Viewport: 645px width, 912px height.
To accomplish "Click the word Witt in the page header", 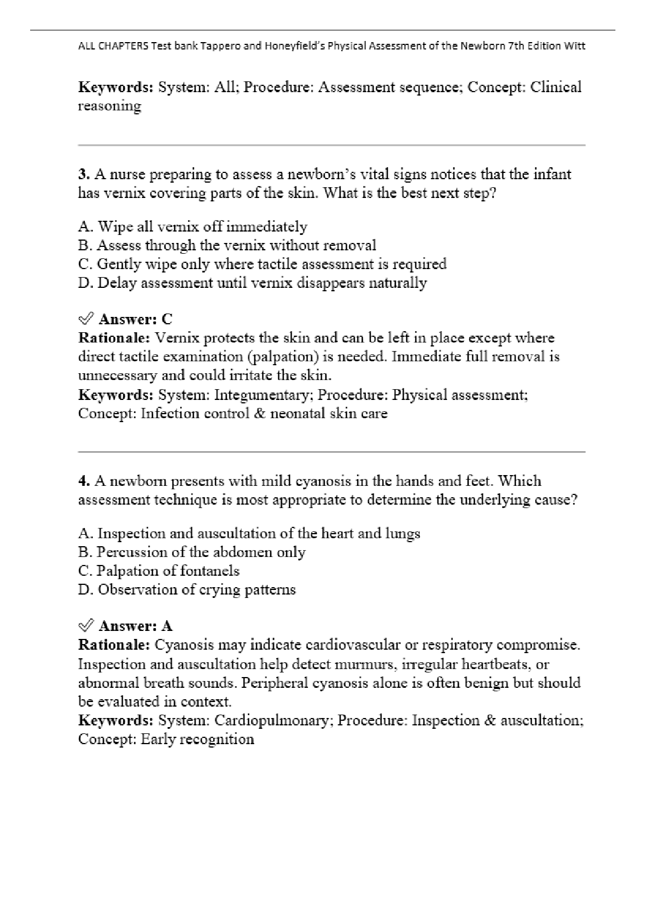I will pyautogui.click(x=575, y=46).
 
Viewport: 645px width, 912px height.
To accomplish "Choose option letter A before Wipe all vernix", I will pyautogui.click(x=85, y=227).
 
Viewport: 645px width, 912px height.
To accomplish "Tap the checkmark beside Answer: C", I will pyautogui.click(x=85, y=319).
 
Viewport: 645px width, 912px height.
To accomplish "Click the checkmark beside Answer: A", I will pyautogui.click(x=85, y=626).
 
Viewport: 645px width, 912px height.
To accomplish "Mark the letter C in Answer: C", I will pyautogui.click(x=167, y=319).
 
